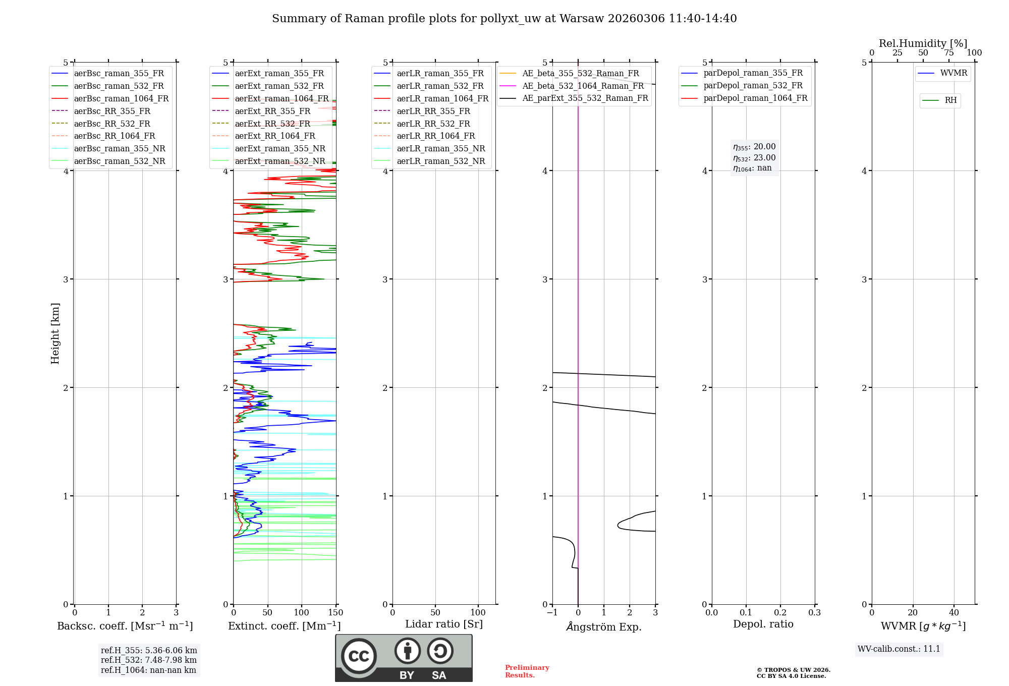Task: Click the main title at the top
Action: pos(504,19)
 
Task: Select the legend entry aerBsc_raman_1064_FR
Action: pos(121,98)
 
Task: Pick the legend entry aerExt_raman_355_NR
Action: pos(280,148)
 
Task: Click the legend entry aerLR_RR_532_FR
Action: pos(433,124)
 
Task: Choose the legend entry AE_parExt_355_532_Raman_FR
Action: pos(585,98)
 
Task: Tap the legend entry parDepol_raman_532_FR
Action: pos(753,86)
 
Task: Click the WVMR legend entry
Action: pos(953,73)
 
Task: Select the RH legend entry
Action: pos(950,100)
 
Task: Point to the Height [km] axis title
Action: pos(55,333)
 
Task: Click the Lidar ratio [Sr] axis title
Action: pos(444,624)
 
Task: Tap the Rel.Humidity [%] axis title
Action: pos(923,43)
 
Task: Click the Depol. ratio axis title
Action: pos(763,624)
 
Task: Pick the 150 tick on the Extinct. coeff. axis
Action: pos(336,613)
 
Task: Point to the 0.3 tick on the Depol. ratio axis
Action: pos(814,613)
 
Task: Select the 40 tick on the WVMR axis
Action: pos(954,613)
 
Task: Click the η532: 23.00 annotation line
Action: pos(754,158)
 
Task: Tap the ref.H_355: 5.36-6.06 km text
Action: pos(149,650)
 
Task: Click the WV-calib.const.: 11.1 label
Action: pos(899,649)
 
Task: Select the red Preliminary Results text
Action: pos(527,671)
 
